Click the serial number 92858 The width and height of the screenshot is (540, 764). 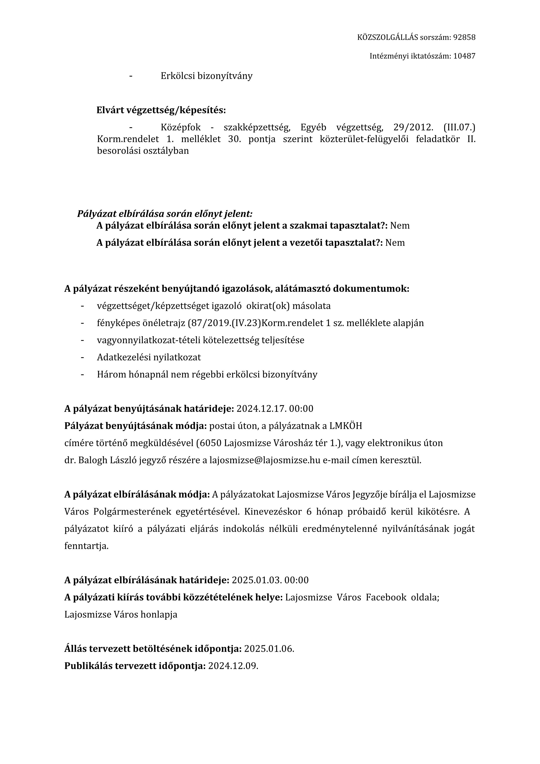pyautogui.click(x=464, y=37)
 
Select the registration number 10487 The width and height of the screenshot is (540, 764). pyautogui.click(x=464, y=56)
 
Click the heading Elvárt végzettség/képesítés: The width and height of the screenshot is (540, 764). pyautogui.click(x=161, y=110)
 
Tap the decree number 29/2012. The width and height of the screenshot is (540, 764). pyautogui.click(x=413, y=127)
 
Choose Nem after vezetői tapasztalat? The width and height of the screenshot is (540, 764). pyautogui.click(x=395, y=243)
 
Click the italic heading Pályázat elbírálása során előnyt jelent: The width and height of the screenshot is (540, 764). pyautogui.click(x=165, y=214)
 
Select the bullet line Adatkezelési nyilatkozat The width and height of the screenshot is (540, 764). pyautogui.click(x=149, y=357)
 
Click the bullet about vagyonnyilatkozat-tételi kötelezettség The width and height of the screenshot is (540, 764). pyautogui.click(x=200, y=340)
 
